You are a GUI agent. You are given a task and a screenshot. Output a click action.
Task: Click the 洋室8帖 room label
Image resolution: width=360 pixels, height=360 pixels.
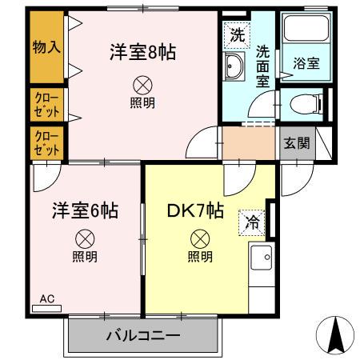coord(142,53)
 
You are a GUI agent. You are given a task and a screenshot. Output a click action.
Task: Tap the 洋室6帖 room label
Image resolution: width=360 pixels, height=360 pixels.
coord(85,210)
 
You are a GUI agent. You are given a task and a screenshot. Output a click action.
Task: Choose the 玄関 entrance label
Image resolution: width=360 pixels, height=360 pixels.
coord(296,143)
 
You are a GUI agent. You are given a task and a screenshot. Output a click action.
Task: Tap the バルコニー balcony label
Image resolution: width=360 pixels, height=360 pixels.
coord(142,335)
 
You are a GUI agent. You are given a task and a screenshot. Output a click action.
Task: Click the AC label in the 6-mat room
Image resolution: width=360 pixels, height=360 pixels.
coord(46,299)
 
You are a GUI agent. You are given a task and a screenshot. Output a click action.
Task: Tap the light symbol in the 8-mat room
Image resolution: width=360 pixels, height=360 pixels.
coord(142,84)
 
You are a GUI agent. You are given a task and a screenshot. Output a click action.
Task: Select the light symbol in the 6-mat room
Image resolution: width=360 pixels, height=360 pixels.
coord(85,238)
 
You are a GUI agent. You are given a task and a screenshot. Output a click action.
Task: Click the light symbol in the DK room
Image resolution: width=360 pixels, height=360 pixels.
coord(199,238)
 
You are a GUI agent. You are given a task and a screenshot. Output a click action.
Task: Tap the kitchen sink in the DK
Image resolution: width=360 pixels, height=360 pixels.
coord(261,258)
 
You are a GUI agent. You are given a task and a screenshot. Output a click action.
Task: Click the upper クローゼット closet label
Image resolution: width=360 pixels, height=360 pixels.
coord(46,103)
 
